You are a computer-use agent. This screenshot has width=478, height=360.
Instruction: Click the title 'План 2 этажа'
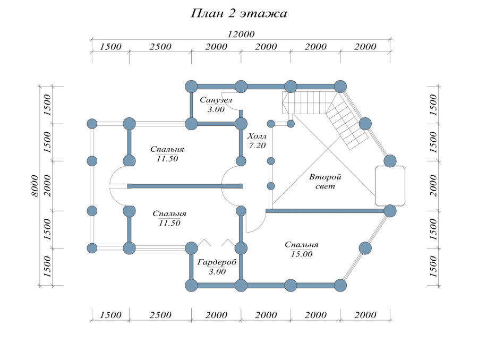pyautogui.click(x=238, y=14)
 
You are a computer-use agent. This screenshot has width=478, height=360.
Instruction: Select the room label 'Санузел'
pyautogui.click(x=216, y=100)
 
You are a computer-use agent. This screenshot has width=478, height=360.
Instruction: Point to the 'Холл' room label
pyautogui.click(x=257, y=136)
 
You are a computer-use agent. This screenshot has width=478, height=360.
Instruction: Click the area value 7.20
pyautogui.click(x=257, y=145)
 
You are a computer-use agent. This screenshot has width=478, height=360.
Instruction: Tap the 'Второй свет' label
pyautogui.click(x=325, y=182)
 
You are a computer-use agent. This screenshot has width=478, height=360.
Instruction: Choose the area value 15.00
pyautogui.click(x=301, y=254)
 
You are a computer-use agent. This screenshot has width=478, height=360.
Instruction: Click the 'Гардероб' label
pyautogui.click(x=217, y=262)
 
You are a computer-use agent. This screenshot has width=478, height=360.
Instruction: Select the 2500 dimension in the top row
pyautogui.click(x=160, y=47)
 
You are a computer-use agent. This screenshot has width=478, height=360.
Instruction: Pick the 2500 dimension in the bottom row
pyautogui.click(x=160, y=315)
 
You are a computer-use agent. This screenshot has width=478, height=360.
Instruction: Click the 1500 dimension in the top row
pyautogui.click(x=110, y=47)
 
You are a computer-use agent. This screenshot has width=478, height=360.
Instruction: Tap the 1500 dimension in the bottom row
pyautogui.click(x=110, y=315)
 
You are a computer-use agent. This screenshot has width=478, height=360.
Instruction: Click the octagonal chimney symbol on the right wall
pyautogui.click(x=390, y=185)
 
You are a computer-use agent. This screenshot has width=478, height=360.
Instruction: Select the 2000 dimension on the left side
pyautogui.click(x=47, y=185)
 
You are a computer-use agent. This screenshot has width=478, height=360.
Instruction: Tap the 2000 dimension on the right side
pyautogui.click(x=434, y=185)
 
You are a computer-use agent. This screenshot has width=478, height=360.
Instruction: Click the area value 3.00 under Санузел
pyautogui.click(x=216, y=109)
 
